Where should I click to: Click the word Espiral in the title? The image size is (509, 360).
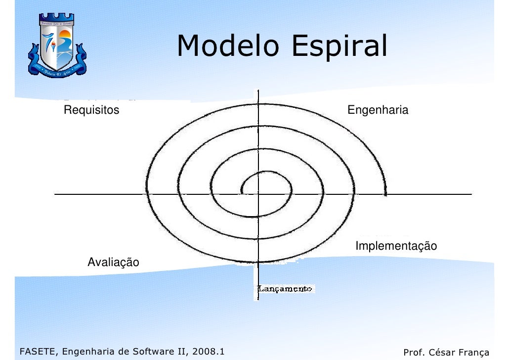(339, 47)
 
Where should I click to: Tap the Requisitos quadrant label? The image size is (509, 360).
(92, 110)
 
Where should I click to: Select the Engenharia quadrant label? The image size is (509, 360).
(378, 110)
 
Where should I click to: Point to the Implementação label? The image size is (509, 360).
(396, 246)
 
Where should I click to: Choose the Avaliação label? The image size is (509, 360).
(113, 262)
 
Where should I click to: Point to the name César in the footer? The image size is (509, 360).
(439, 353)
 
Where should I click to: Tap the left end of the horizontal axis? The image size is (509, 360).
(55, 194)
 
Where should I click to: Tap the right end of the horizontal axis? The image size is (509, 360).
(471, 194)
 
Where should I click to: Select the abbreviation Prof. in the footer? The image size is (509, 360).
(413, 353)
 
